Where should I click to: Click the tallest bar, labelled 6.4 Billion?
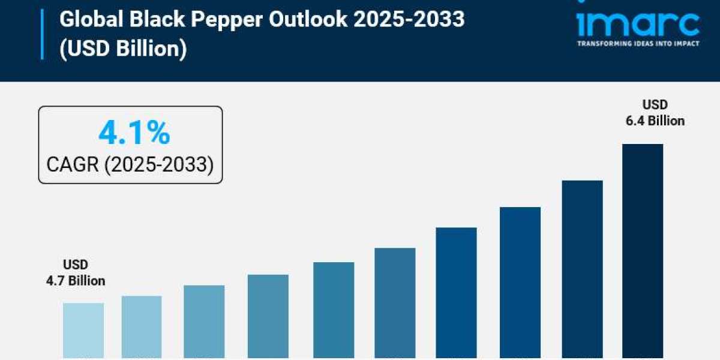point(643,252)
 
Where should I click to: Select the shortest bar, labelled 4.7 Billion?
point(83,331)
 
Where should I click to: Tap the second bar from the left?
point(142,328)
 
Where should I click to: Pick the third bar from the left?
point(204,322)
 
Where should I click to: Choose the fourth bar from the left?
point(268,317)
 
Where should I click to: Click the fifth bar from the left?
point(334,311)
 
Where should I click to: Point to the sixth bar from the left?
point(395,304)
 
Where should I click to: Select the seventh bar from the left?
point(456,293)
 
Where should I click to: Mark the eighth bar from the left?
point(520,283)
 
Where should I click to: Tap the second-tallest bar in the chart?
point(582,270)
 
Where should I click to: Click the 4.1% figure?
point(134,134)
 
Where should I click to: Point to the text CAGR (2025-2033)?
point(130,164)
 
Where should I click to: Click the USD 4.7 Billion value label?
point(76,272)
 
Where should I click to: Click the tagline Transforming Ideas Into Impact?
point(638,44)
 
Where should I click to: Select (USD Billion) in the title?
point(123,49)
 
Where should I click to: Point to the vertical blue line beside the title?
point(43,34)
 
